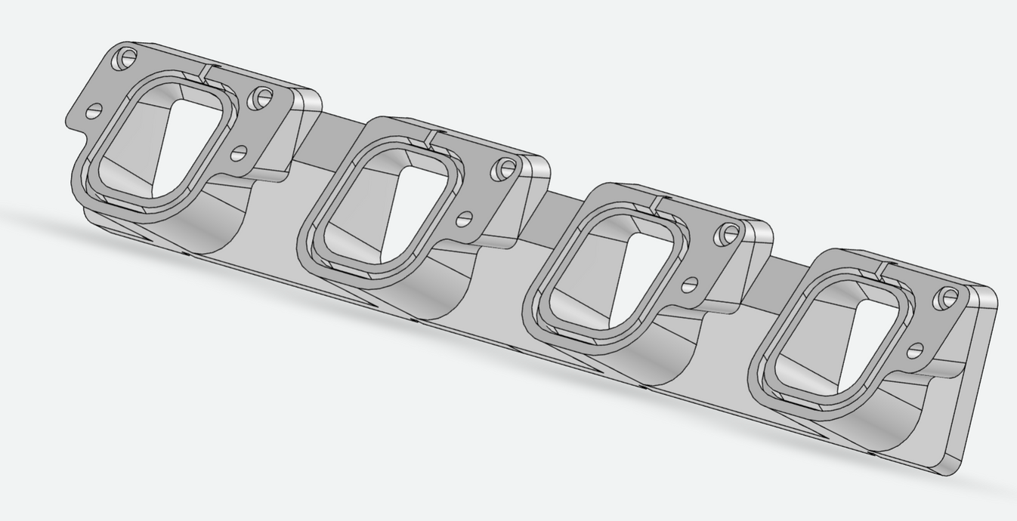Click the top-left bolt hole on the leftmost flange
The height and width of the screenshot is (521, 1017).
pyautogui.click(x=128, y=57)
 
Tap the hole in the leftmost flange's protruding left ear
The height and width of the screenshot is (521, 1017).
pyautogui.click(x=94, y=112)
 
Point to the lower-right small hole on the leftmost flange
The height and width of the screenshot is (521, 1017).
pyautogui.click(x=239, y=154)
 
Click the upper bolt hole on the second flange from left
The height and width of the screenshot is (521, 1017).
pyautogui.click(x=505, y=169)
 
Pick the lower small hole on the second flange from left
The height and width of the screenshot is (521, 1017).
pyautogui.click(x=464, y=219)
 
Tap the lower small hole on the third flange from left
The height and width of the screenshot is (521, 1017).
pyautogui.click(x=689, y=285)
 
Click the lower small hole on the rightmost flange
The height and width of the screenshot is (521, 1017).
pyautogui.click(x=915, y=350)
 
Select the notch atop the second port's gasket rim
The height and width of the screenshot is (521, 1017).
pyautogui.click(x=430, y=139)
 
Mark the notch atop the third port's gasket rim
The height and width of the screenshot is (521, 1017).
pyautogui.click(x=655, y=204)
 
